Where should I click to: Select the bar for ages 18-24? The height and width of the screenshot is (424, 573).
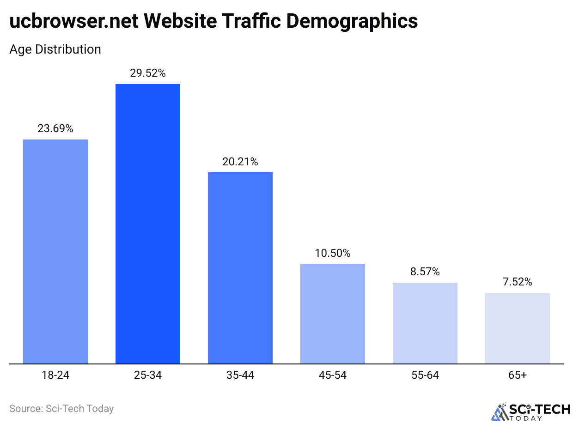click(x=55, y=251)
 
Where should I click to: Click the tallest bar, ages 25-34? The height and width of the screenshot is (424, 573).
click(x=148, y=224)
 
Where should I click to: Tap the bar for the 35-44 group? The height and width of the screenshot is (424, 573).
click(x=240, y=268)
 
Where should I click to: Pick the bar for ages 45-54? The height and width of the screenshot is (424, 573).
click(x=333, y=314)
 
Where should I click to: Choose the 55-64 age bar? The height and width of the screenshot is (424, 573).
click(x=425, y=323)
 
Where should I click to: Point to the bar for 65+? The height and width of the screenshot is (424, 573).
click(x=518, y=328)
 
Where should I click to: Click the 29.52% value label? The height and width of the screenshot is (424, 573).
click(x=148, y=73)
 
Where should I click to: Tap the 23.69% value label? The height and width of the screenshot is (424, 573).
click(x=55, y=128)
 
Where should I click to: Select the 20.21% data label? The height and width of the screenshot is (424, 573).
click(x=240, y=162)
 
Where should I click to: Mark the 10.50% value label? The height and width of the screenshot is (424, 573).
click(x=333, y=253)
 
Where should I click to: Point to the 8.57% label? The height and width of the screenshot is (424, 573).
click(x=425, y=272)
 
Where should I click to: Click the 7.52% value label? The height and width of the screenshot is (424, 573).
click(x=518, y=282)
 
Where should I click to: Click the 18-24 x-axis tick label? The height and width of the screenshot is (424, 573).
click(x=55, y=375)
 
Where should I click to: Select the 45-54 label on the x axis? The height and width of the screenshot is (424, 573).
click(x=333, y=375)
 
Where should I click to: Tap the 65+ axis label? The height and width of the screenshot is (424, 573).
click(x=518, y=375)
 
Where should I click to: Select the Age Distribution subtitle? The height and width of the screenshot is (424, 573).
click(x=55, y=49)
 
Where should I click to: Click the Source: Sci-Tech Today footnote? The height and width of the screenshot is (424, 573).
click(x=61, y=408)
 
